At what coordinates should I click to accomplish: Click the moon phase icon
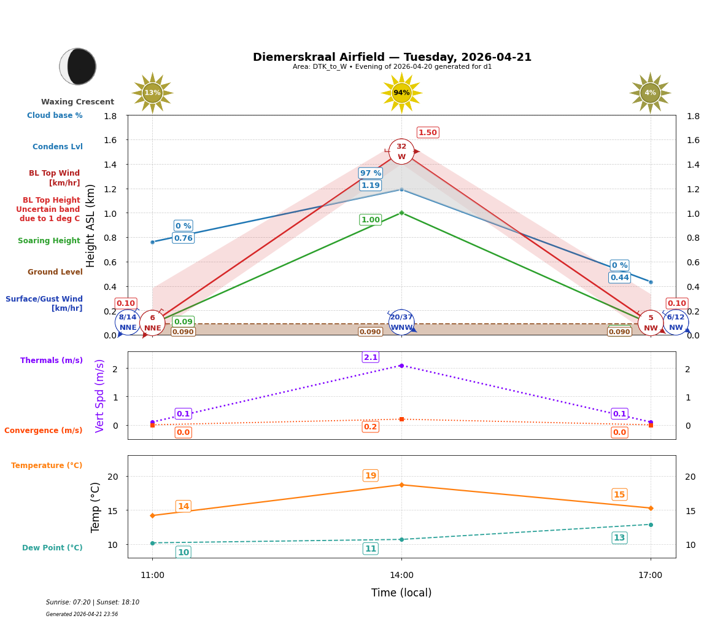[x=78, y=66]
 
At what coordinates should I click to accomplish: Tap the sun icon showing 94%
[x=401, y=93]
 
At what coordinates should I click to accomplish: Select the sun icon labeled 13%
[x=152, y=93]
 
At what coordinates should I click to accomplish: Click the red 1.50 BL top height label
[x=428, y=133]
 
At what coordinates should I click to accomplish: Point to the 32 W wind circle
[x=401, y=152]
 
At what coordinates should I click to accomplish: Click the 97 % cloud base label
[x=370, y=173]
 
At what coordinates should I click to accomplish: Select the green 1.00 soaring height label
[x=370, y=220]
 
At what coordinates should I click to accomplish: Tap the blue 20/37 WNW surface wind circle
[x=401, y=322]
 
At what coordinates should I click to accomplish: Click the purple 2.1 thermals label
[x=371, y=357]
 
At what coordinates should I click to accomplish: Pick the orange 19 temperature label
[x=371, y=475]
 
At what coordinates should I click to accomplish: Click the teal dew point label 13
[x=619, y=538]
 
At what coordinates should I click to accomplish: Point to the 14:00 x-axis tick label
[x=401, y=576]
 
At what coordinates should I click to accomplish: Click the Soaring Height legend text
[x=49, y=241]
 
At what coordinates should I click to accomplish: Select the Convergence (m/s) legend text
[x=44, y=431]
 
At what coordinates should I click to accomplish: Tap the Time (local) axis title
[x=401, y=593]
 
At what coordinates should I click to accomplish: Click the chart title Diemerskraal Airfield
[x=392, y=57]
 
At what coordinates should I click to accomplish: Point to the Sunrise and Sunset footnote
[x=93, y=603]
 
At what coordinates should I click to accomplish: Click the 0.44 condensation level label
[x=619, y=278]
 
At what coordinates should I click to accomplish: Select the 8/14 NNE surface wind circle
[x=128, y=322]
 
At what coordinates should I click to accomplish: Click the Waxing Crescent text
[x=77, y=102]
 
